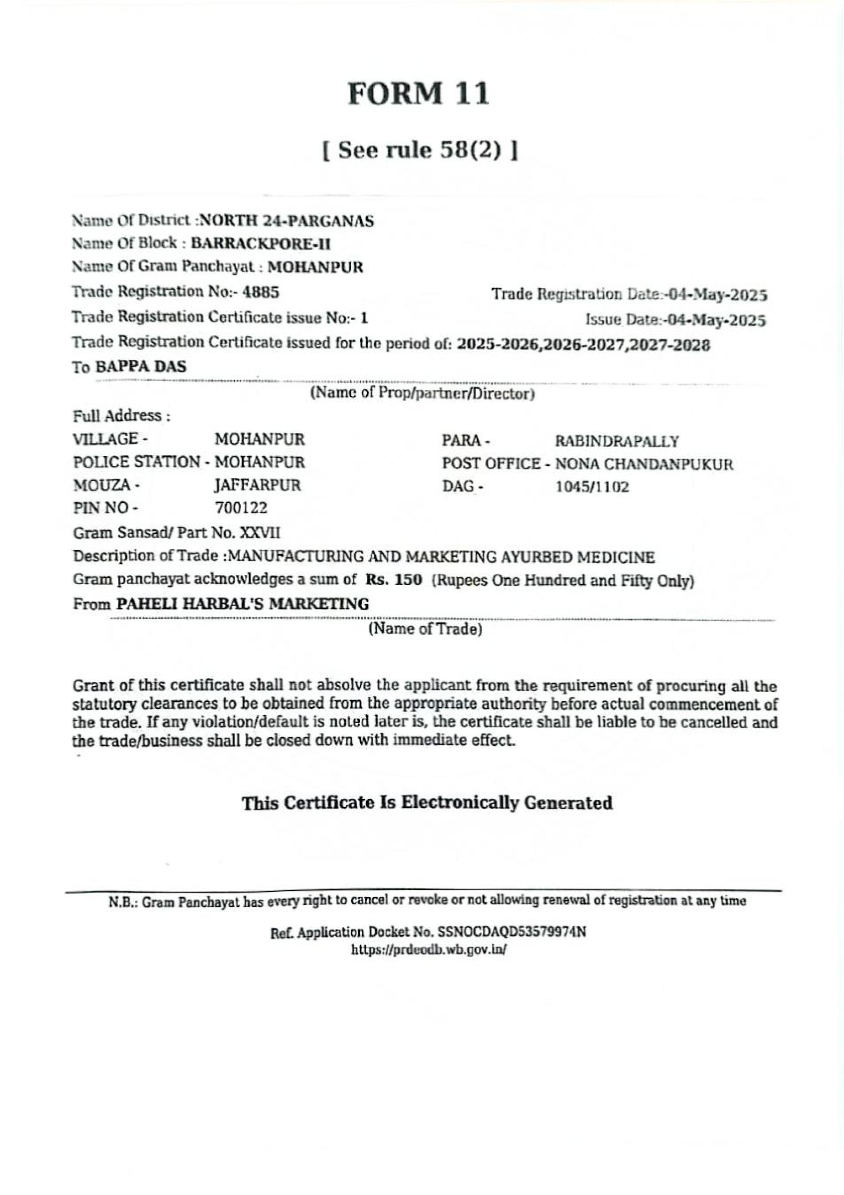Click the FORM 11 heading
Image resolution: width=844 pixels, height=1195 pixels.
click(418, 94)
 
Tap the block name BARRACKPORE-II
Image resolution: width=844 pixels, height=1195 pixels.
click(261, 244)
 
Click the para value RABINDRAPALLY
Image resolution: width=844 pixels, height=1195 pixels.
click(617, 441)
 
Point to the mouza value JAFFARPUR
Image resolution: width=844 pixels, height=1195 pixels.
click(258, 486)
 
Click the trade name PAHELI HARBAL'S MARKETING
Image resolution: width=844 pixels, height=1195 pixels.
click(242, 604)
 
